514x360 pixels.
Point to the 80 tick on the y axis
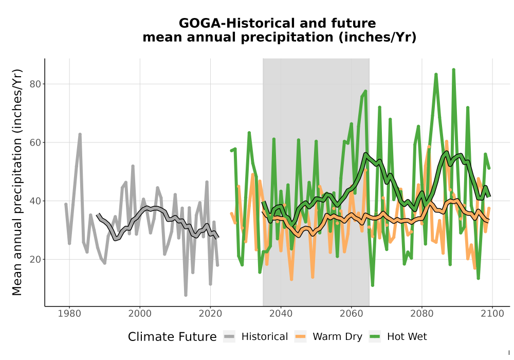coord(35,84)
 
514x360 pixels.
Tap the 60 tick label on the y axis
coord(35,142)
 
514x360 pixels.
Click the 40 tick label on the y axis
coord(35,201)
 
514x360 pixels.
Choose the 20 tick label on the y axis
coord(35,259)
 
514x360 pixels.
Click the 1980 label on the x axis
coord(69,314)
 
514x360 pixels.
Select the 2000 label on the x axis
coord(140,314)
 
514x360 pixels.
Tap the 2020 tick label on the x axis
coord(210,314)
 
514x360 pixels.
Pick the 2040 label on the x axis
coord(281,314)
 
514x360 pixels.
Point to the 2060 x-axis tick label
coord(352,314)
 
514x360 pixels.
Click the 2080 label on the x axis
coord(422,314)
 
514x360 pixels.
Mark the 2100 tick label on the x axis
coord(492,314)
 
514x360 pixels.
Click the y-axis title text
coord(17,182)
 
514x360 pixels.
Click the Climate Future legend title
coord(172,337)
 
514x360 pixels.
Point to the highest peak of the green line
coord(454,69)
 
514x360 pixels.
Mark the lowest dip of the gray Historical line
coord(186,295)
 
